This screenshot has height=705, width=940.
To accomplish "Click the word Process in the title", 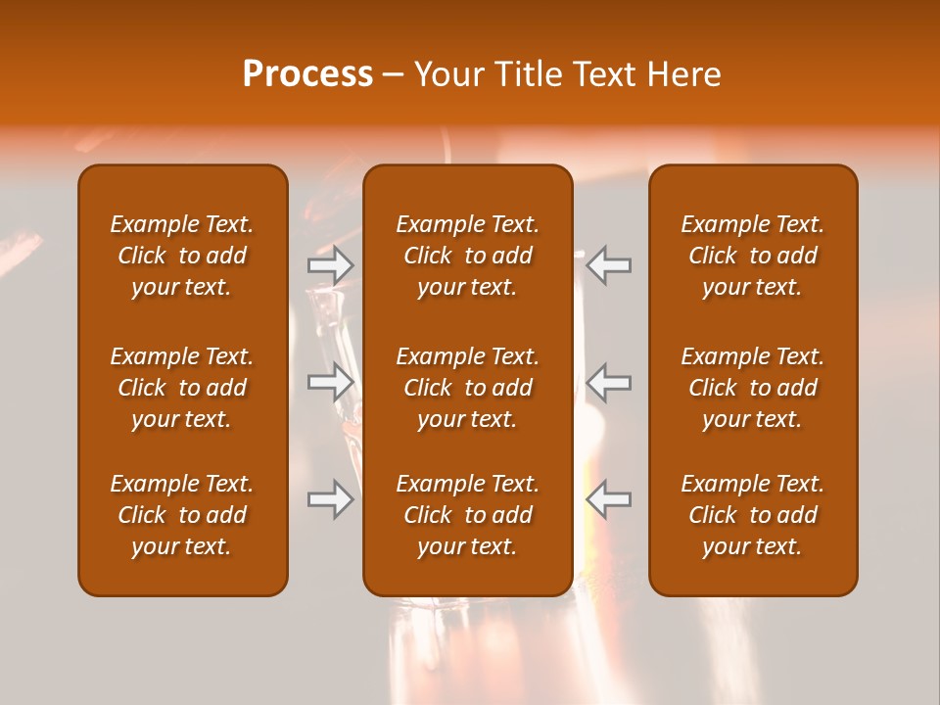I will [x=307, y=74].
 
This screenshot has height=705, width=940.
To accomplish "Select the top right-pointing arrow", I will [x=330, y=265].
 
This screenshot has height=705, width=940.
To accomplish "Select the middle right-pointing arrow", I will [x=330, y=382].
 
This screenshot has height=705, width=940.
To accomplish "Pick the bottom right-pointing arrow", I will [x=330, y=499].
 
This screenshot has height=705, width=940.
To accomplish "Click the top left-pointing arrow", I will [x=608, y=265].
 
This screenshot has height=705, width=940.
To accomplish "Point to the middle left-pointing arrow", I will [x=608, y=382].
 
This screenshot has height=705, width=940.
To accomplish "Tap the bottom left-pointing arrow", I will [x=608, y=499].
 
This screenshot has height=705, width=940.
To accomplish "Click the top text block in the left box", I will [x=182, y=256].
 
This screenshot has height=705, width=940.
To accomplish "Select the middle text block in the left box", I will [x=182, y=388].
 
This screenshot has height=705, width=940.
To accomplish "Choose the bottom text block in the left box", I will [x=182, y=515].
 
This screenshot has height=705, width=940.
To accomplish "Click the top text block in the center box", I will [x=468, y=256].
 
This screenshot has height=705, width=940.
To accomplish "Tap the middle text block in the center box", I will [x=468, y=388].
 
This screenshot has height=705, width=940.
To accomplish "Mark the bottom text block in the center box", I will [x=468, y=515].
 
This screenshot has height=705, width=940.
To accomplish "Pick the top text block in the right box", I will [x=753, y=256].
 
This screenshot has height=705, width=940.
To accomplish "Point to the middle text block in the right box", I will [x=753, y=388].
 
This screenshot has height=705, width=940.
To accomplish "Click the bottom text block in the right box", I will [x=753, y=515].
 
